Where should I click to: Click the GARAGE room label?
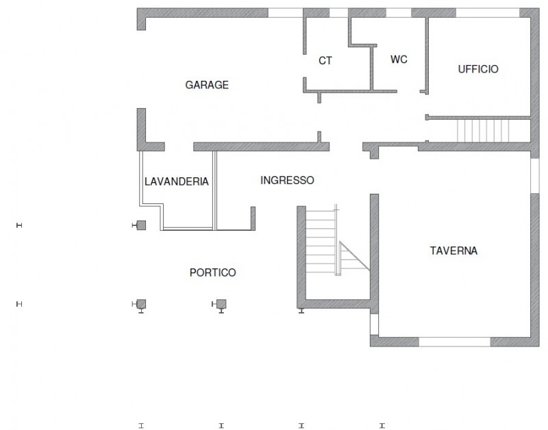point(207,85)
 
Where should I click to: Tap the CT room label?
point(325,61)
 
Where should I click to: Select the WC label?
point(399,60)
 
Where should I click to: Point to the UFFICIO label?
point(478,69)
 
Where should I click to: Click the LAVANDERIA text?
point(177,181)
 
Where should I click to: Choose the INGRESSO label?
point(287,180)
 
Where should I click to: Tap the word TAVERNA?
point(453,251)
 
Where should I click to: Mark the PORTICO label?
point(213,273)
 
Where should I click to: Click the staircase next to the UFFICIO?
point(483,131)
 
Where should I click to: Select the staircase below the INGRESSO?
point(321,241)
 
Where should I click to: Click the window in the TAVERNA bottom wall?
point(455,342)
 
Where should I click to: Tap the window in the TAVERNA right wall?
point(535,176)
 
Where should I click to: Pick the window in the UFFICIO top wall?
point(488,13)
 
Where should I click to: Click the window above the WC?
point(399,13)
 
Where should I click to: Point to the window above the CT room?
point(338,13)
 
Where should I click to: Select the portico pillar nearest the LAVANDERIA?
point(141,225)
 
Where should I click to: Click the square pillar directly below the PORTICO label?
point(221,304)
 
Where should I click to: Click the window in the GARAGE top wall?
point(285,13)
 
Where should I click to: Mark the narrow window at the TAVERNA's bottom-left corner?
point(374,325)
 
